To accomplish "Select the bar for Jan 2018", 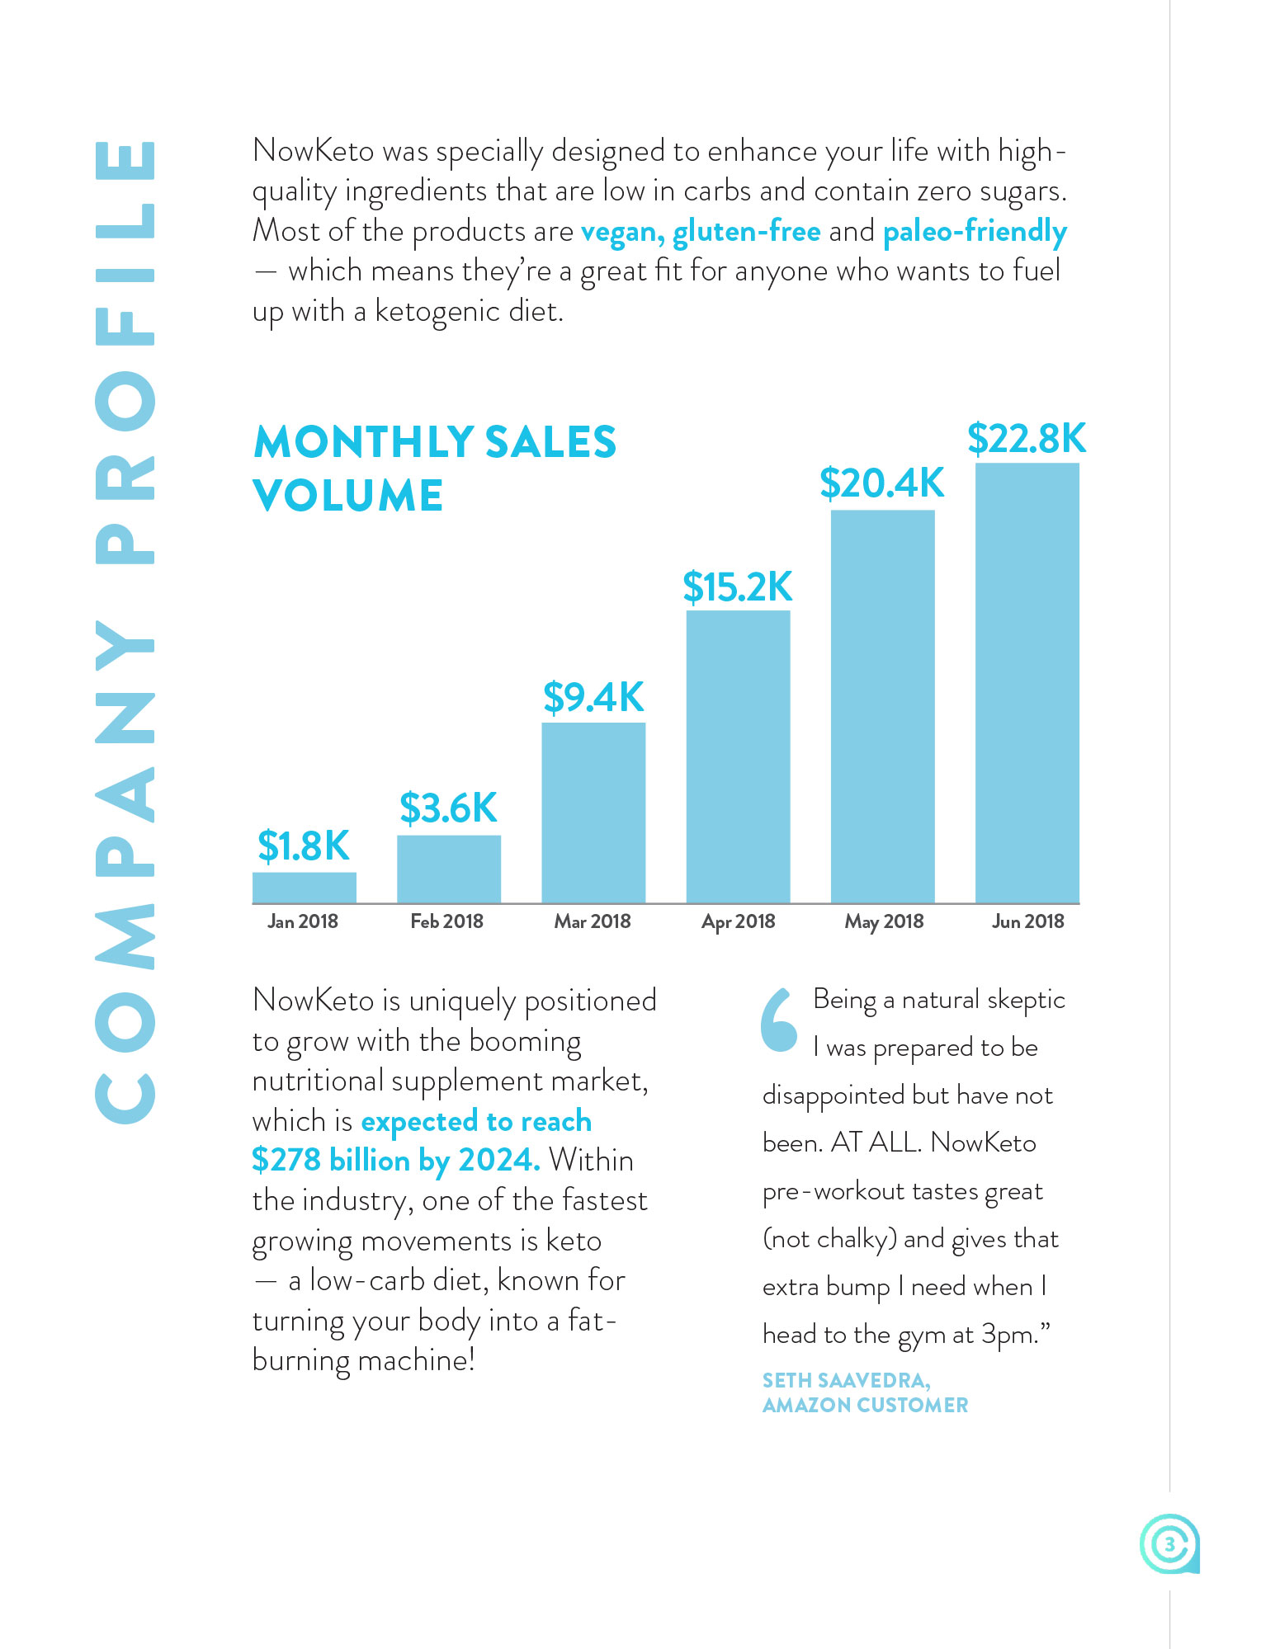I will click(x=304, y=887).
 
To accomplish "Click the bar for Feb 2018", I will click(x=448, y=869).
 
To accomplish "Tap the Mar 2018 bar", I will click(x=593, y=813).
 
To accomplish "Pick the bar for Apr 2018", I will click(x=738, y=756).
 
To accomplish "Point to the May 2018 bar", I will click(x=882, y=706).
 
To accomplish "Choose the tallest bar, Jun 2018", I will click(x=1027, y=683).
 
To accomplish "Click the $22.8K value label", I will click(x=1027, y=438).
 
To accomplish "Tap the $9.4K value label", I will click(x=593, y=697).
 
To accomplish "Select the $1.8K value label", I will click(x=304, y=846).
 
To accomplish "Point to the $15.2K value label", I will click(x=737, y=587).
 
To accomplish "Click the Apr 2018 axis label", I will click(x=738, y=921).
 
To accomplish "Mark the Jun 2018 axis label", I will click(x=1027, y=921).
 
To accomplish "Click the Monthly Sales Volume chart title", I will click(x=434, y=468).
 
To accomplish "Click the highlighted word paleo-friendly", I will click(x=975, y=231).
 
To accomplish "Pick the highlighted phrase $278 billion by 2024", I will click(x=395, y=1160).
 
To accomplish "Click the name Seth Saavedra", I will click(x=846, y=1380).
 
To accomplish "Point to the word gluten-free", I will click(x=746, y=231).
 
